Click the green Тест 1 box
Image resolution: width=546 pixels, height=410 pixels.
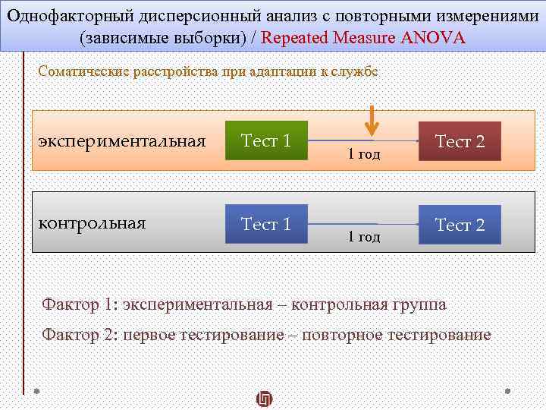[x=266, y=140]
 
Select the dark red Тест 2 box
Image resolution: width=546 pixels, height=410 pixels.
[x=460, y=141]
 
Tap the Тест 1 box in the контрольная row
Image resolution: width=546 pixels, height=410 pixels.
[x=266, y=224]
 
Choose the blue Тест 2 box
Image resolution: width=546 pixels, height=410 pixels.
[x=460, y=225]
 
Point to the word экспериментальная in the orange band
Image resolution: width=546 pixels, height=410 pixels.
[x=122, y=141]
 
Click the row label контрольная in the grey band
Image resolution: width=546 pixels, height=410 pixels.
[x=92, y=223]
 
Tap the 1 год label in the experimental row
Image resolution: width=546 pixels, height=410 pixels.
[x=364, y=154]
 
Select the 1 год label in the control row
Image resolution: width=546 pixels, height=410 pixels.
[x=364, y=237]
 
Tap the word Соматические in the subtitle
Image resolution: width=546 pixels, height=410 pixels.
[x=83, y=72]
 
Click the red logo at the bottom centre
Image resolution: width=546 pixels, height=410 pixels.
[x=264, y=399]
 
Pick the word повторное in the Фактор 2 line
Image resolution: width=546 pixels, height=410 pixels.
[x=346, y=334]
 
